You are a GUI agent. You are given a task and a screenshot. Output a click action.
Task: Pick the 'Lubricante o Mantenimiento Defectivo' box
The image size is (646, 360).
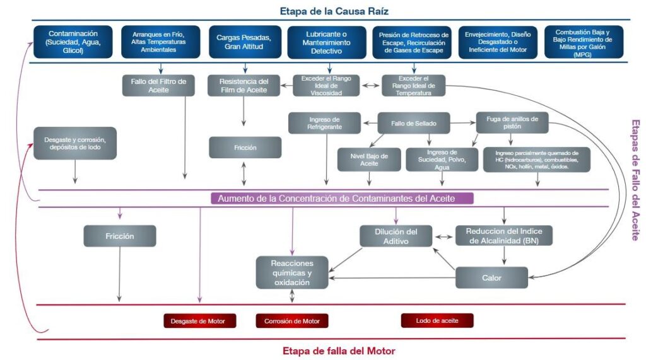pyautogui.click(x=326, y=42)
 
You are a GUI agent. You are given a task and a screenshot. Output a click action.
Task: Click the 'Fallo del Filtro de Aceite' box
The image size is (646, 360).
pyautogui.click(x=155, y=86)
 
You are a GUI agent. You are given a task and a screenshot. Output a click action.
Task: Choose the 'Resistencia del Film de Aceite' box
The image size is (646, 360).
pyautogui.click(x=243, y=86)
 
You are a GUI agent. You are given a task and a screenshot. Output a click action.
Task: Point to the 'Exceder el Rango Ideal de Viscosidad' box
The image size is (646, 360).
pyautogui.click(x=326, y=86)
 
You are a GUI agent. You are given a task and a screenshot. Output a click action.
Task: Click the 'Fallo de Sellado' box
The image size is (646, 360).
pyautogui.click(x=414, y=123)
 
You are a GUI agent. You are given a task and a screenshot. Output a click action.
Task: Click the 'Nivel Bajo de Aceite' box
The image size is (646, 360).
pyautogui.click(x=369, y=160)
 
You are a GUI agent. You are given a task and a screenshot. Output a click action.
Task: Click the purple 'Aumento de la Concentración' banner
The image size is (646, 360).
pyautogui.click(x=341, y=199)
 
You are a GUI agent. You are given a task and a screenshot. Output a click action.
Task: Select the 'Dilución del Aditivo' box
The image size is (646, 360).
pyautogui.click(x=396, y=236)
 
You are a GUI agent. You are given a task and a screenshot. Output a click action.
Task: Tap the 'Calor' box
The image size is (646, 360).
pyautogui.click(x=491, y=277)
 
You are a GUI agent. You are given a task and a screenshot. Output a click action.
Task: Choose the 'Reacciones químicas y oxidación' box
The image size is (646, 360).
pyautogui.click(x=292, y=273)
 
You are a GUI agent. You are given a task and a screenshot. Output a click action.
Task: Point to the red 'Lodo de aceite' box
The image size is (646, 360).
pyautogui.click(x=437, y=320)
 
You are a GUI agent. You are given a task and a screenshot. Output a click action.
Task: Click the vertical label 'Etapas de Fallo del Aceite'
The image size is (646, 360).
pyautogui.click(x=635, y=180)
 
